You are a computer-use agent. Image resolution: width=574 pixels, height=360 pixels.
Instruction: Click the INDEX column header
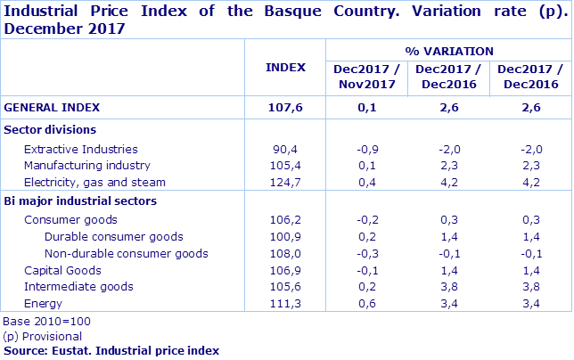pyautogui.click(x=285, y=67)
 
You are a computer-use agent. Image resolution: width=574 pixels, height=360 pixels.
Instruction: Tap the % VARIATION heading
pyautogui.click(x=448, y=51)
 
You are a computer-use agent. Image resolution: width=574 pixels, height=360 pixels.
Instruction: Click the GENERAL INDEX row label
pyautogui.click(x=52, y=107)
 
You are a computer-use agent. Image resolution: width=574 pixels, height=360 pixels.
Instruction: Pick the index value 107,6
pyautogui.click(x=285, y=107)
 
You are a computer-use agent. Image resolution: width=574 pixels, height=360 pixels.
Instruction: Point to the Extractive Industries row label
pyautogui.click(x=80, y=149)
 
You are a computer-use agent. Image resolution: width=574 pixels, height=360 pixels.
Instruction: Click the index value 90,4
pyautogui.click(x=285, y=149)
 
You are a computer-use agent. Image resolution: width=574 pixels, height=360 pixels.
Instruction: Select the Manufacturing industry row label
pyautogui.click(x=86, y=165)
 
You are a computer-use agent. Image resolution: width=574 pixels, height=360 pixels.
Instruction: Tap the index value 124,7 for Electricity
pyautogui.click(x=285, y=182)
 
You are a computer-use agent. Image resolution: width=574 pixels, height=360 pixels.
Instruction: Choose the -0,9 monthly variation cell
pyautogui.click(x=365, y=149)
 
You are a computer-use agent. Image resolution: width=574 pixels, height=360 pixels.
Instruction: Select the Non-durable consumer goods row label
pyautogui.click(x=126, y=253)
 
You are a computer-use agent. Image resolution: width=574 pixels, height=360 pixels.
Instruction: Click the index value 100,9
pyautogui.click(x=285, y=236)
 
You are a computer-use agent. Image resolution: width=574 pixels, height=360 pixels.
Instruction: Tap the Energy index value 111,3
pyautogui.click(x=285, y=304)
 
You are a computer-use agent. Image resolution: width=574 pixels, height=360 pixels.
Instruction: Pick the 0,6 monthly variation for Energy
pyautogui.click(x=365, y=304)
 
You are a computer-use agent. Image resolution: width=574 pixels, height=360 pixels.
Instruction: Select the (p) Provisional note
pyautogui.click(x=43, y=336)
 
